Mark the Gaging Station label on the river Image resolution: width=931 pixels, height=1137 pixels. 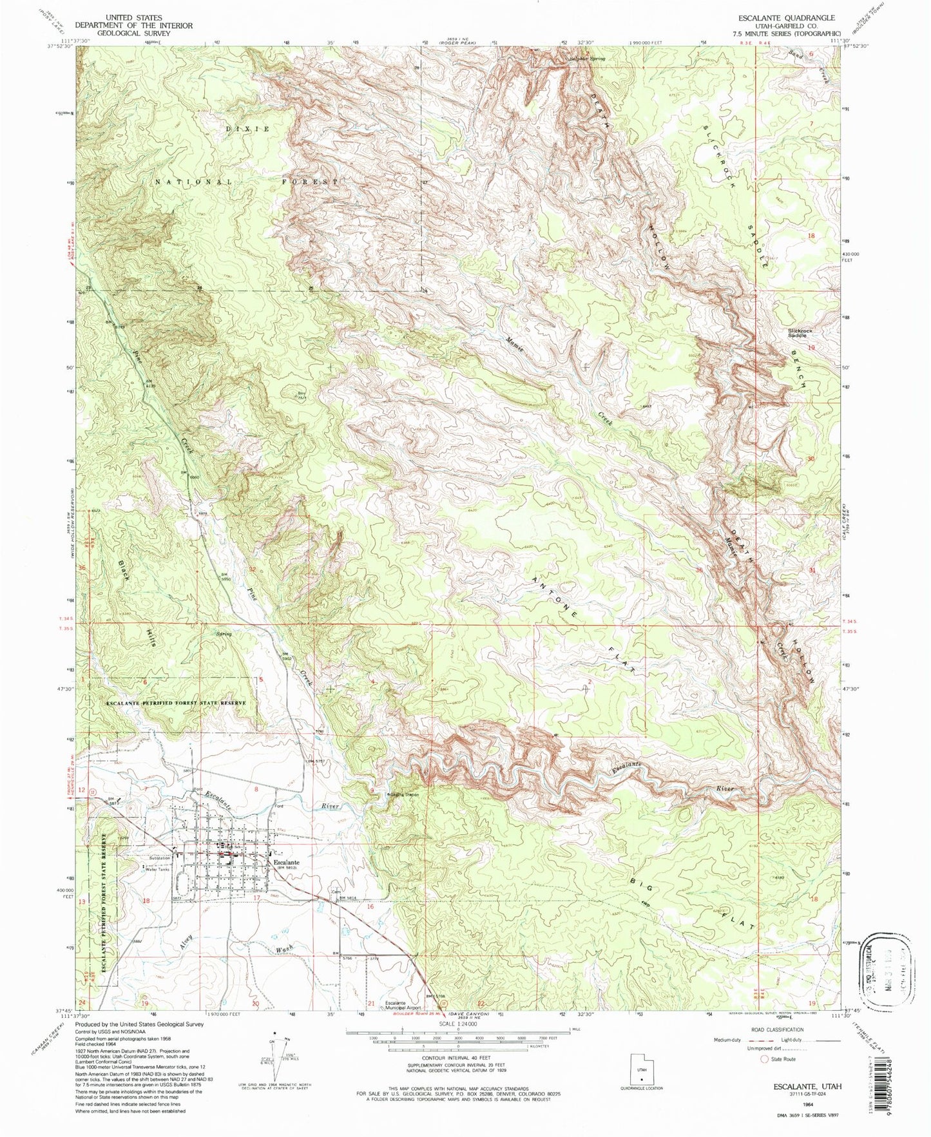[404, 794]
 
